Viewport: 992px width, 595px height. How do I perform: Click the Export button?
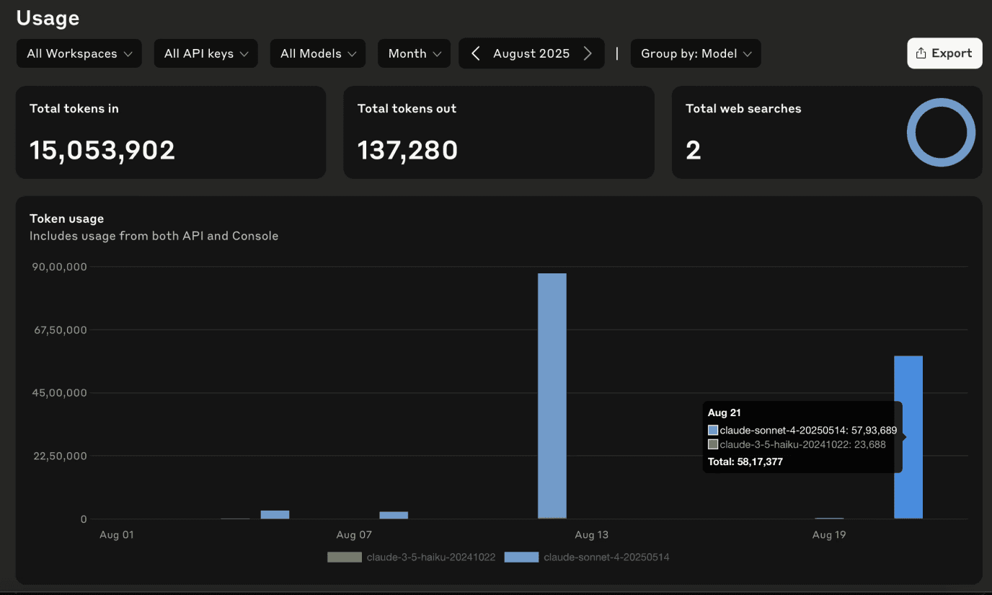[x=944, y=53]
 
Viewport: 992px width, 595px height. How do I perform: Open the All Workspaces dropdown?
[x=79, y=53]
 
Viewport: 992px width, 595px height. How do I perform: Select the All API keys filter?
[x=205, y=53]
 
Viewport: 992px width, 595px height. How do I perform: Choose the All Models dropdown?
[x=318, y=53]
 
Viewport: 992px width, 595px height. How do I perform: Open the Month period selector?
[x=414, y=53]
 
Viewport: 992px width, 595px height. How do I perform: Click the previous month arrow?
[x=475, y=53]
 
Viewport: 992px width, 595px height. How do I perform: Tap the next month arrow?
[x=588, y=53]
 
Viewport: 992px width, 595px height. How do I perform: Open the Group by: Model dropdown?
[x=696, y=53]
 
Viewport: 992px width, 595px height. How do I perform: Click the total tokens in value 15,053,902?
[x=102, y=150]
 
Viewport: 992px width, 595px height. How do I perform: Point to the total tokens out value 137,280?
[x=407, y=150]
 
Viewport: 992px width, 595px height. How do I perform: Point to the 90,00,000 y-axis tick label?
[x=58, y=267]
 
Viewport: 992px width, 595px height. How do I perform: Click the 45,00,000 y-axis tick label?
[x=58, y=393]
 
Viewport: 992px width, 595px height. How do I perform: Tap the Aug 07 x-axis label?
[x=354, y=535]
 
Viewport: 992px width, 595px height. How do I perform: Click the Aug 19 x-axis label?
[x=829, y=535]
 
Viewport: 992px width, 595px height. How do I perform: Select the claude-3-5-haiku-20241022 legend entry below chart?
[x=411, y=557]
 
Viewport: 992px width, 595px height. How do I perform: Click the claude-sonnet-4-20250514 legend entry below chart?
[x=588, y=557]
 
